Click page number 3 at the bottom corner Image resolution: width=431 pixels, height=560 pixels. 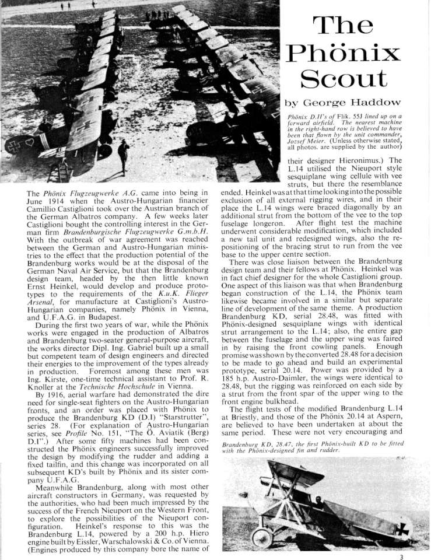418,556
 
